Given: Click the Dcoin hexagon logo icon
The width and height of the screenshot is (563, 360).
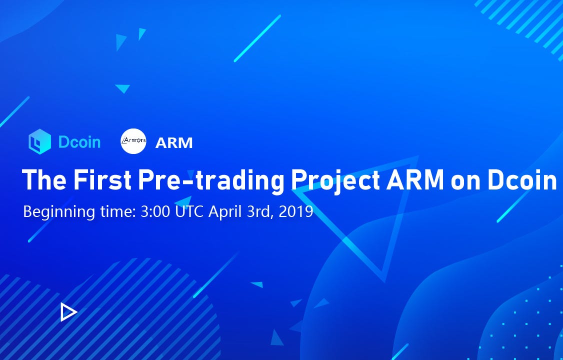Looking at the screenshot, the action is (39, 142).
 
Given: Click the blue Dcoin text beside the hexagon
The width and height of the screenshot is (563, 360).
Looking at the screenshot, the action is (79, 142).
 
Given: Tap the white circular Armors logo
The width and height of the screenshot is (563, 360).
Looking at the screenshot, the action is (133, 141).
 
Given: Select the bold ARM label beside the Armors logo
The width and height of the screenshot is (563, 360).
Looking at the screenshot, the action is (174, 143).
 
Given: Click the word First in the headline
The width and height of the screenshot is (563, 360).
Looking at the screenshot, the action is (102, 179).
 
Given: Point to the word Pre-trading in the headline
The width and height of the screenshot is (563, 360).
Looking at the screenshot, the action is (211, 180).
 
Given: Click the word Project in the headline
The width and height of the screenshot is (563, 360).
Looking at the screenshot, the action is (335, 180).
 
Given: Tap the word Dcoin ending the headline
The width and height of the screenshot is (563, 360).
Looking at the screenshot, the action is (522, 179).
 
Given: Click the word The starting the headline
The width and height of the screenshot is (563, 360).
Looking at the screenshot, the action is (44, 179).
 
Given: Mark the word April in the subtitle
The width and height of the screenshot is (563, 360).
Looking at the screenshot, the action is (225, 212).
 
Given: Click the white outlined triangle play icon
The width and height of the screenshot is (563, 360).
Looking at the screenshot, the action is (68, 312).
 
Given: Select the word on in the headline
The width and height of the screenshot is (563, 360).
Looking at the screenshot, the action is (465, 181).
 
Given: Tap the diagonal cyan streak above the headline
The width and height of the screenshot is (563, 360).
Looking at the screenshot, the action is (257, 38).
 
